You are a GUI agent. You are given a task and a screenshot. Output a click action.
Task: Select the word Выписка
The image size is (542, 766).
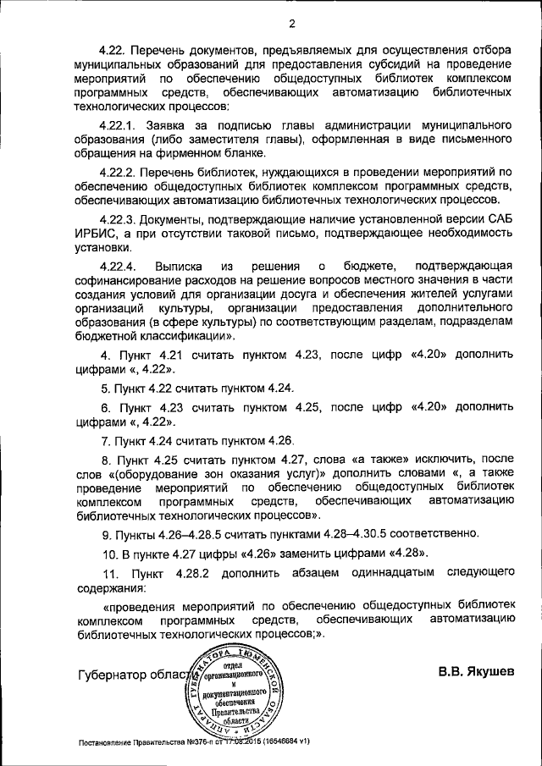(x=179, y=265)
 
